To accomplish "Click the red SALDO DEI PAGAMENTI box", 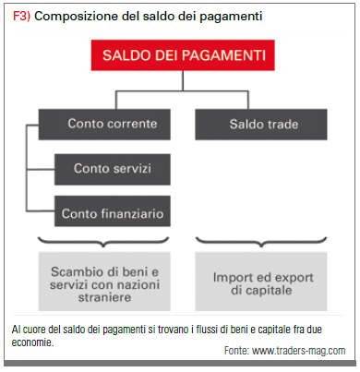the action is point(183,55).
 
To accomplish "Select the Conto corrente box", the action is point(104,125).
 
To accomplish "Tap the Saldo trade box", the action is point(261,125).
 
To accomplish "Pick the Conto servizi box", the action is point(113,169).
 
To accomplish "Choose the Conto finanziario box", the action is point(113,211).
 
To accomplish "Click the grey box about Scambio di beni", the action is point(104,282).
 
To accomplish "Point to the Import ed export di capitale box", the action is point(261,282).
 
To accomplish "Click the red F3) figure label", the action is point(21,16).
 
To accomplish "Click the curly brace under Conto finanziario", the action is point(103,242).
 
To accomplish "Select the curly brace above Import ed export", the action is point(261,242).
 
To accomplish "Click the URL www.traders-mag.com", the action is point(299,351).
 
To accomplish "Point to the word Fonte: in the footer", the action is point(236,351).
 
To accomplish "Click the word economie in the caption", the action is point(32,342).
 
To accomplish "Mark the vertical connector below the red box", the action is point(183,80).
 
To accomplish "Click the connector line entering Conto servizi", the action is point(41,169).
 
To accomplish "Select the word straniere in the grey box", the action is point(104,297).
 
